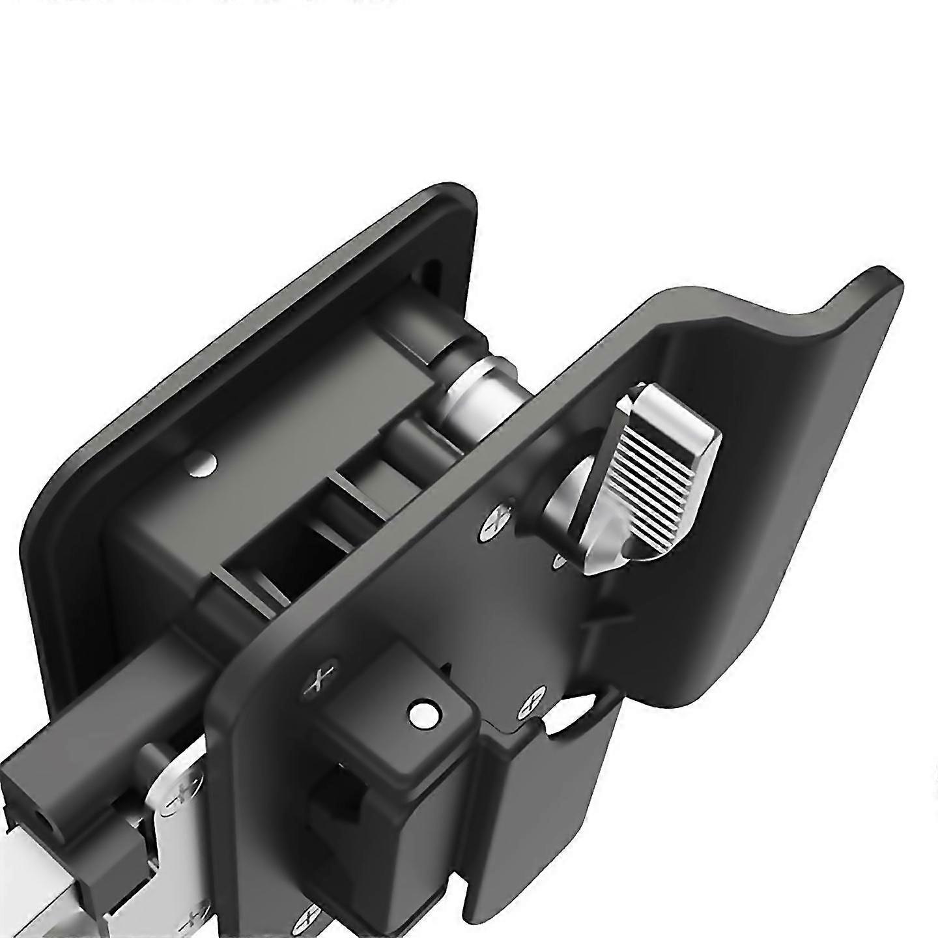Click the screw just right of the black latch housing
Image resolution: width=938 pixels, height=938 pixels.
point(532,703)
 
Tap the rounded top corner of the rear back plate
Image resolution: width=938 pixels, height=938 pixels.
point(449,195)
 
